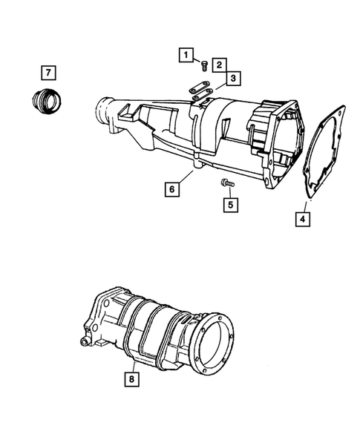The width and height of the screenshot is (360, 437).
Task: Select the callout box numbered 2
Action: click(220, 65)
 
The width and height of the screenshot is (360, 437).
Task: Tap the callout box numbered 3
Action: click(232, 78)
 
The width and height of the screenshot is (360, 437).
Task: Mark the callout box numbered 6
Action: click(171, 190)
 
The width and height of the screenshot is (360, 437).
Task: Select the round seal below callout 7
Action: click(45, 99)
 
